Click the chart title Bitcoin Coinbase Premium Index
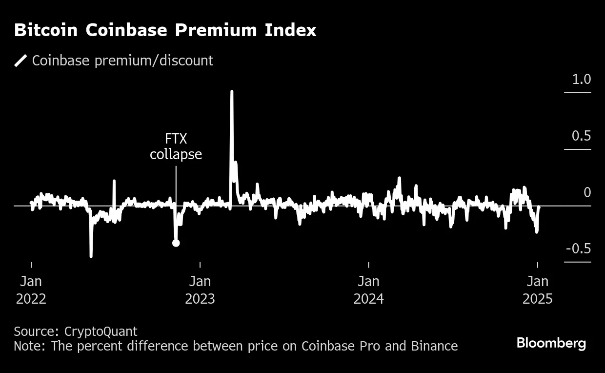[x=165, y=30]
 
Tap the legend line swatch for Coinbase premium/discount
[x=20, y=61]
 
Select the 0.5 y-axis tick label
[x=581, y=136]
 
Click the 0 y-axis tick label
[x=587, y=192]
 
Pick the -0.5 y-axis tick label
[x=578, y=249]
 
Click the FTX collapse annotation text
[x=176, y=147]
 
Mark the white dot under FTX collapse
[x=176, y=243]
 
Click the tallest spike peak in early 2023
[x=232, y=91]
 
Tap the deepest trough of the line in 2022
[x=91, y=256]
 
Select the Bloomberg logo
[x=551, y=343]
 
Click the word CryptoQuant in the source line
[x=101, y=332]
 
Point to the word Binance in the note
[x=434, y=347]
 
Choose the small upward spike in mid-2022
[x=114, y=181]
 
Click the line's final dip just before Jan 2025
[x=537, y=232]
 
